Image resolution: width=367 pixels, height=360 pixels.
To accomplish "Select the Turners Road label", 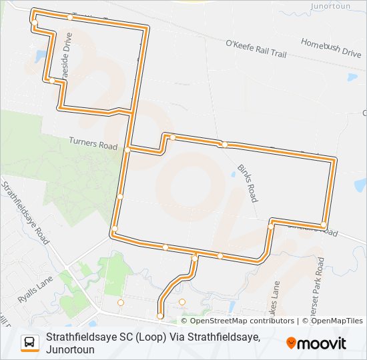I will (x=93, y=143).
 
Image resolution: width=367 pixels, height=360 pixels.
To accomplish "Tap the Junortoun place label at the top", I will (x=331, y=5).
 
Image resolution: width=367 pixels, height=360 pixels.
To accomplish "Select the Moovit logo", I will (x=316, y=343).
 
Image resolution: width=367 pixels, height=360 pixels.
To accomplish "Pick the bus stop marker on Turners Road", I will (x=127, y=150).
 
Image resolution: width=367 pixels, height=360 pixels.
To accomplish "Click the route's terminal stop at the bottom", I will (x=159, y=315).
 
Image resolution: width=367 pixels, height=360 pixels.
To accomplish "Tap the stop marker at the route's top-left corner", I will (x=34, y=23).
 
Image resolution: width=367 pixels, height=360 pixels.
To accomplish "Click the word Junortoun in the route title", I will (x=70, y=349).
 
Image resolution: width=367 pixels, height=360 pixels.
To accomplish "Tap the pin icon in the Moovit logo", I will (x=292, y=343).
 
